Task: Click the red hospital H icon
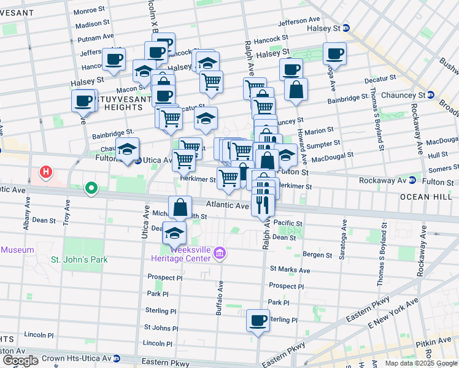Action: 46,174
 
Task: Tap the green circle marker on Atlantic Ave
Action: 91,188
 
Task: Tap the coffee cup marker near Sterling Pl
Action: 258,320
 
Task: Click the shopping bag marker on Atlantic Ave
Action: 180,207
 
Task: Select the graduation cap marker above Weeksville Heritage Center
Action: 174,233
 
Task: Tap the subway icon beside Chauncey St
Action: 431,95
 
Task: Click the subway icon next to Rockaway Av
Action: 412,180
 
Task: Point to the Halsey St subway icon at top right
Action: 345,28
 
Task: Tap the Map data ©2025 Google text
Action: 420,363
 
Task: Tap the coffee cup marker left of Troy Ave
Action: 83,101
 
